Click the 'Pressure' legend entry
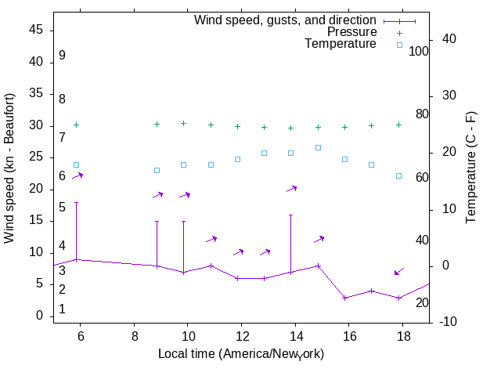tap(351, 32)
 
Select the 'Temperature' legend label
tap(341, 44)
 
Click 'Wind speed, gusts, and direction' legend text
tap(285, 20)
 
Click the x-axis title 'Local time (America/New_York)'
tap(241, 354)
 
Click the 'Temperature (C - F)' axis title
tap(471, 168)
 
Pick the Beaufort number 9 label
tap(62, 56)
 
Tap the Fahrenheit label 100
tap(419, 51)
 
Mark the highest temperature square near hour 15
tap(318, 147)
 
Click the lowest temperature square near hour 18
tap(398, 175)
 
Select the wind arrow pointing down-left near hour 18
tap(399, 271)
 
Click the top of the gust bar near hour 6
tap(76, 202)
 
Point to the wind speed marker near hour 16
tap(344, 298)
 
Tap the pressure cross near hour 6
tap(76, 125)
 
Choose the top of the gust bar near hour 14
tap(290, 215)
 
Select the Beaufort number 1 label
tap(62, 309)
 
